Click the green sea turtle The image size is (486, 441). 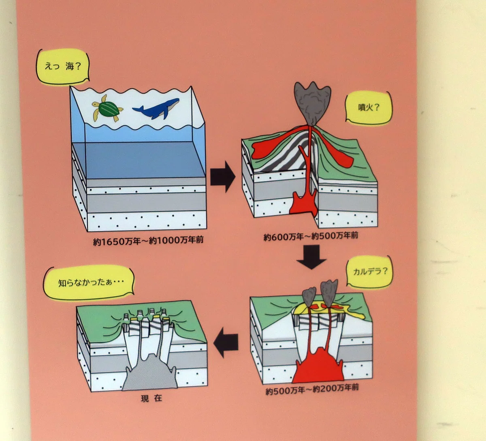107,108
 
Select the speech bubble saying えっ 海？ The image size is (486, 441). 62,67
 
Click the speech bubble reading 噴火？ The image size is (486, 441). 368,108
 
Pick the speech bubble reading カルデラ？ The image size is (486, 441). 370,271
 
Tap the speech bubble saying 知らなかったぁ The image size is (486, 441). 89,283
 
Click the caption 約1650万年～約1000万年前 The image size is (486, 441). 148,240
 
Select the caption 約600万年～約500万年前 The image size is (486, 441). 311,236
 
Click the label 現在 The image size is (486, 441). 151,398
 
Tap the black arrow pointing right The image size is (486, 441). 223,176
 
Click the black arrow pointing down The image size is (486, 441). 311,257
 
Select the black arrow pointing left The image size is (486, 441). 226,342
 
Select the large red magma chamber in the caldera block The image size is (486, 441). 318,366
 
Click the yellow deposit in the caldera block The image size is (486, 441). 330,310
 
